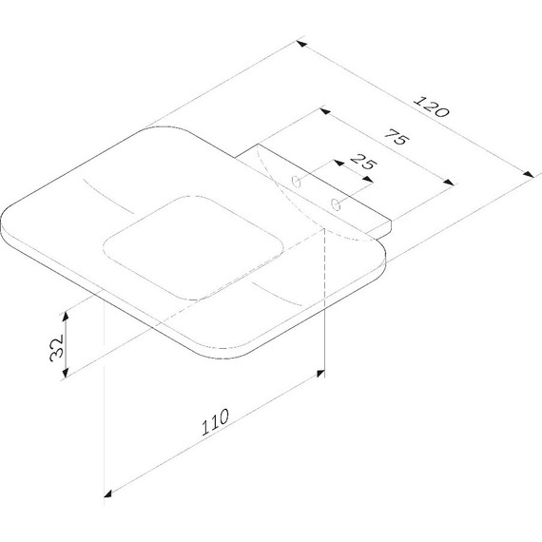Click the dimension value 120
pos(432,105)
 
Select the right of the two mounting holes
pos(335,203)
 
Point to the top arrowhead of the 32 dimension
pos(67,313)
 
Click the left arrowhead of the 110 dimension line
pos(108,493)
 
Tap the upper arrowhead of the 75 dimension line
pos(326,114)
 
